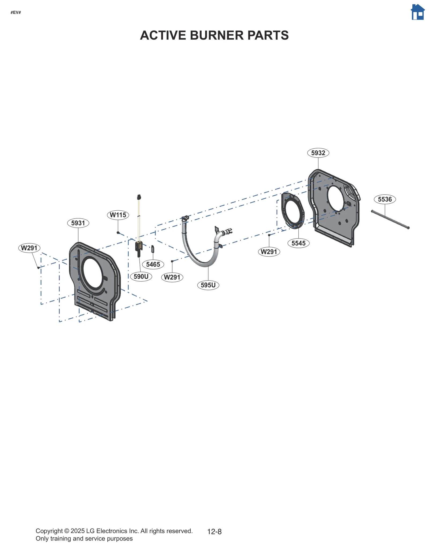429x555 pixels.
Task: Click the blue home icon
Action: tap(417, 12)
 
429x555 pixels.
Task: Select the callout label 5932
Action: tap(318, 153)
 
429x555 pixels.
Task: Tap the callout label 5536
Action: tap(384, 199)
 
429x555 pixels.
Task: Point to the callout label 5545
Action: tap(298, 243)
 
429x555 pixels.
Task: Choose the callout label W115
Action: tap(118, 215)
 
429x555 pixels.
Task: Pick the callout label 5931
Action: tap(78, 223)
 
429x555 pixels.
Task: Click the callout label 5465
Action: tap(153, 264)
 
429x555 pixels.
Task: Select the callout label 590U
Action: tap(141, 276)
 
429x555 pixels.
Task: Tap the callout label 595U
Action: tap(208, 285)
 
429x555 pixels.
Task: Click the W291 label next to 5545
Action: tap(269, 252)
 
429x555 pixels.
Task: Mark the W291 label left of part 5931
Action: tap(29, 248)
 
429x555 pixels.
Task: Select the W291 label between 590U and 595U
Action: tap(172, 277)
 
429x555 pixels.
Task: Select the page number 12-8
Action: tap(214, 532)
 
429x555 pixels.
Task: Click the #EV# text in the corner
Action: tap(16, 13)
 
